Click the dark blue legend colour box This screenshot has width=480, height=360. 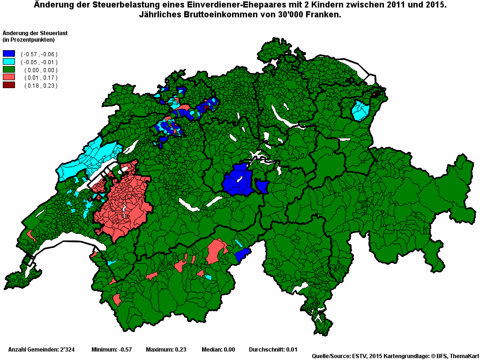[9, 54]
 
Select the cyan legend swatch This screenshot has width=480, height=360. [9, 62]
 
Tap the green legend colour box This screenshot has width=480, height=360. [9, 69]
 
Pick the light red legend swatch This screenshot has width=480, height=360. [9, 77]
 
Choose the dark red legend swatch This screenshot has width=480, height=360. [9, 85]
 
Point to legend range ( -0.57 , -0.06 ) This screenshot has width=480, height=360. [39, 54]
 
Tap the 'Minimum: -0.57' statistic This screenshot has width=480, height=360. [112, 350]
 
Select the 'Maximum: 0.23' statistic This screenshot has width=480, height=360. [166, 350]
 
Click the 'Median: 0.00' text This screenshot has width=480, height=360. [218, 350]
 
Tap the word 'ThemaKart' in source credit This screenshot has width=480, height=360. [464, 356]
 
